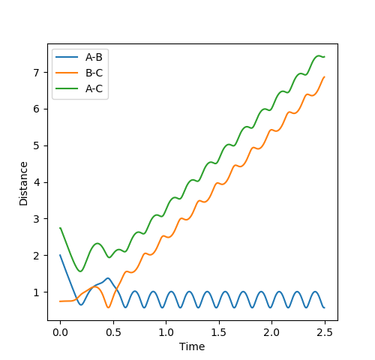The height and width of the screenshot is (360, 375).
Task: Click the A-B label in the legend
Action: (x=94, y=57)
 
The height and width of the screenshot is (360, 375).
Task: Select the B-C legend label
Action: (x=94, y=73)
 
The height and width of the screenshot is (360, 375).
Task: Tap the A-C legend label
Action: (x=94, y=88)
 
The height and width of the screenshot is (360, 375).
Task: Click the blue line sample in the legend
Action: (x=67, y=57)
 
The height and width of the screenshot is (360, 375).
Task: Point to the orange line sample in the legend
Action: (x=67, y=73)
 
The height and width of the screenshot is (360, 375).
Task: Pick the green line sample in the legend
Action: (x=67, y=88)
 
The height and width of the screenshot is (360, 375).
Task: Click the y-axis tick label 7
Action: (x=37, y=73)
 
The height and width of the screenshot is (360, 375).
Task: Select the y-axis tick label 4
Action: (x=37, y=182)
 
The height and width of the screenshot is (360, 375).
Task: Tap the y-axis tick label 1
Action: (x=37, y=292)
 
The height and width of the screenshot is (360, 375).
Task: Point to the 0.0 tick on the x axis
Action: (x=60, y=332)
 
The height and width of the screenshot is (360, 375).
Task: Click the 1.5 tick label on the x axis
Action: (x=219, y=332)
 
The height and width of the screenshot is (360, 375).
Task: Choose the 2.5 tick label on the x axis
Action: (x=325, y=332)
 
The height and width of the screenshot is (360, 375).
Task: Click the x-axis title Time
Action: (x=192, y=346)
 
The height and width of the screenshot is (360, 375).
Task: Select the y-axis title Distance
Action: (x=23, y=184)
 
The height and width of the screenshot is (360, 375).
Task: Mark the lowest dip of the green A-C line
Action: (x=80, y=271)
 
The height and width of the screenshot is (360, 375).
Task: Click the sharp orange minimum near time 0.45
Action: (x=109, y=307)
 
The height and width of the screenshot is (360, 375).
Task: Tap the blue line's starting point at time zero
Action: (x=60, y=255)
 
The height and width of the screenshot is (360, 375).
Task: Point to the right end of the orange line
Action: (x=325, y=76)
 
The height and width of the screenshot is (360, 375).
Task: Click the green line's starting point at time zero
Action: (x=60, y=228)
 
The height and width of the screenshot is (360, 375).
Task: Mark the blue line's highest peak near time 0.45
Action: (x=108, y=278)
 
